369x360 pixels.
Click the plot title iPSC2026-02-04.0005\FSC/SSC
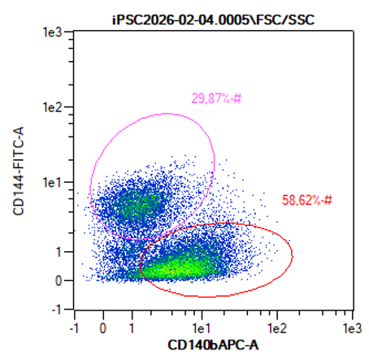click(213, 20)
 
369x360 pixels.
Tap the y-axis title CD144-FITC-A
click(19, 171)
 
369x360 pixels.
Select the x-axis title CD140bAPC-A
click(213, 345)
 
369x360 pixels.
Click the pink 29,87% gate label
click(216, 98)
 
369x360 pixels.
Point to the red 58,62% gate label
click(307, 200)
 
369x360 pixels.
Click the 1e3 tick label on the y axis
click(53, 33)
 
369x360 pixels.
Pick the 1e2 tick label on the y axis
click(53, 107)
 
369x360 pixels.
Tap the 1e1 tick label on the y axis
click(53, 183)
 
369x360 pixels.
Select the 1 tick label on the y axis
click(59, 252)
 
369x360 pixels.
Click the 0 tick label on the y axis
click(59, 280)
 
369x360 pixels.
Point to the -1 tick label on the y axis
click(57, 310)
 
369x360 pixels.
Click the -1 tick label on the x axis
click(74, 328)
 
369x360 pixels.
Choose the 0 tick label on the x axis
click(103, 328)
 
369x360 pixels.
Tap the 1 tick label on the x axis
click(132, 328)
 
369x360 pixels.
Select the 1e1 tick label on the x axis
click(202, 328)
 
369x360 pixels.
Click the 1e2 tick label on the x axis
click(277, 328)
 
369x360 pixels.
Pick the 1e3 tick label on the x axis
click(352, 328)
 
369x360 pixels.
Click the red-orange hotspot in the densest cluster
click(173, 270)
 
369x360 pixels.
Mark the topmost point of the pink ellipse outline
click(167, 114)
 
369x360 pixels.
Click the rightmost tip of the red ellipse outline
click(293, 254)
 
